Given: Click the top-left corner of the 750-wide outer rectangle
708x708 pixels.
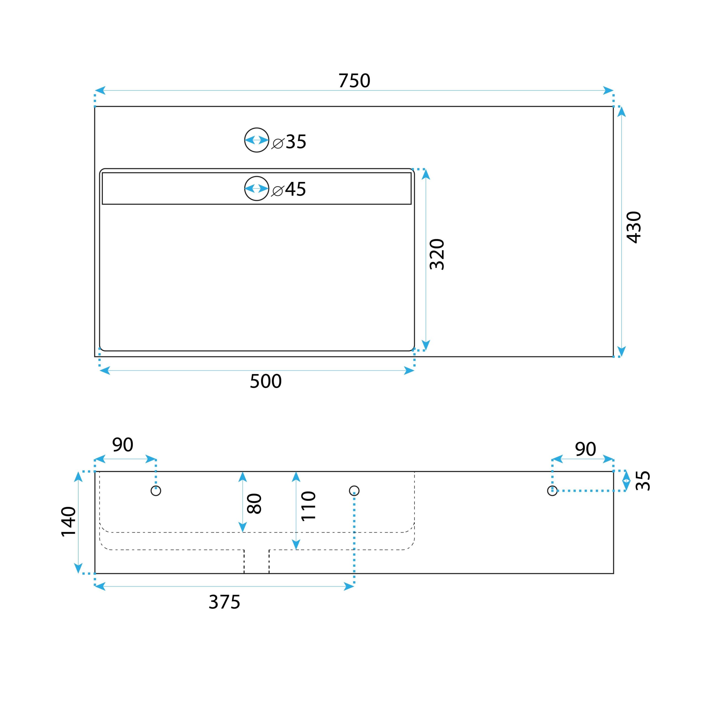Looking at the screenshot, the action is [95, 107].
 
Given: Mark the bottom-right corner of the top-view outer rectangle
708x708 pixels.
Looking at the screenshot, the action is [613, 356].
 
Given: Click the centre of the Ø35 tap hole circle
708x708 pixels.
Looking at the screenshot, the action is [257, 140].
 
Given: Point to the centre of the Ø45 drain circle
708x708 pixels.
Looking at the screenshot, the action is [257, 188].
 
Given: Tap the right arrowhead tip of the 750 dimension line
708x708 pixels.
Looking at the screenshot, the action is [613, 90].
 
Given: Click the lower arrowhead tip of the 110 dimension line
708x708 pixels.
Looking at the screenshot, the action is [296, 550].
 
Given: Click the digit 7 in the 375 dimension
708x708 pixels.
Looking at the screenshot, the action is [224, 602].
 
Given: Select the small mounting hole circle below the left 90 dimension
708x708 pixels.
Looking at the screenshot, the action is [156, 491].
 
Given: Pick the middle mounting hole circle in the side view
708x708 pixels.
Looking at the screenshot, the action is [354, 491].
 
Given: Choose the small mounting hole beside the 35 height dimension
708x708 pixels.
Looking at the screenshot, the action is [552, 491].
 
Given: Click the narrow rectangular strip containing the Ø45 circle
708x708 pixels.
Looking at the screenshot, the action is [257, 188].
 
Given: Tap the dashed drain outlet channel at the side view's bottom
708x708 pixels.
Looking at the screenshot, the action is [257, 561].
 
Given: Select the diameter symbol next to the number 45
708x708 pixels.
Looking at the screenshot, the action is [277, 191].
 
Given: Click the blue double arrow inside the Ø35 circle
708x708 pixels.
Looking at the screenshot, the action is [257, 140].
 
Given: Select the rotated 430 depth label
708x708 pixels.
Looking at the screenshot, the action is [634, 227].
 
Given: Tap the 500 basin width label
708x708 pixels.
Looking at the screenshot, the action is [266, 381].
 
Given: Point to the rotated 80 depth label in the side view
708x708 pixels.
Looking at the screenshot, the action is [254, 504].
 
